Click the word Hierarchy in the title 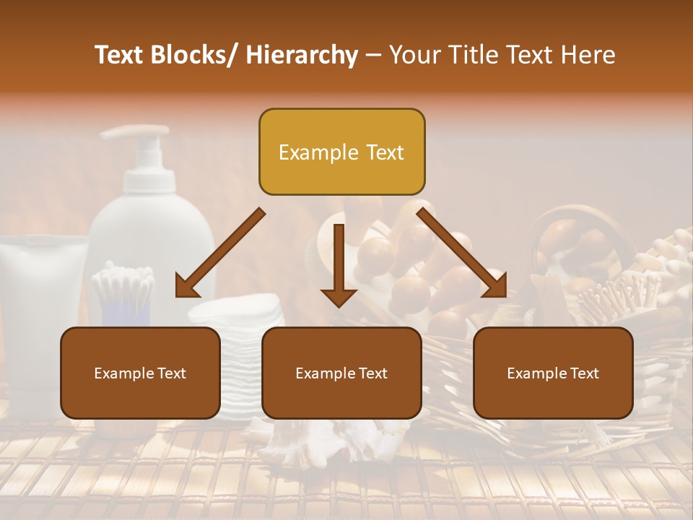coord(302,55)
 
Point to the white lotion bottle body coord(155,231)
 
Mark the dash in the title coord(373,55)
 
